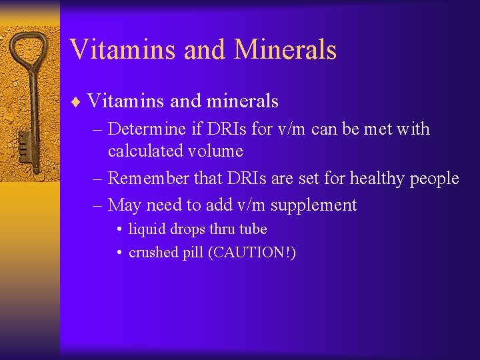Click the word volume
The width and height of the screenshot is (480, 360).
click(x=216, y=151)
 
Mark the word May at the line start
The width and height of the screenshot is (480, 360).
click(x=124, y=205)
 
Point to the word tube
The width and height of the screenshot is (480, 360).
click(x=253, y=229)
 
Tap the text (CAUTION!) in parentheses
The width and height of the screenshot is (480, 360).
click(x=252, y=253)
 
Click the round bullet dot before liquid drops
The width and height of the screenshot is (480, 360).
click(x=118, y=230)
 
